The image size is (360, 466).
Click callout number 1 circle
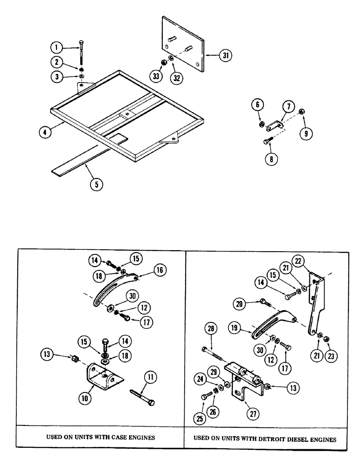point(56,47)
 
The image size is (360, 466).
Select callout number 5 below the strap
point(97,183)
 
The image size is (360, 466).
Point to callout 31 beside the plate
point(226,55)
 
